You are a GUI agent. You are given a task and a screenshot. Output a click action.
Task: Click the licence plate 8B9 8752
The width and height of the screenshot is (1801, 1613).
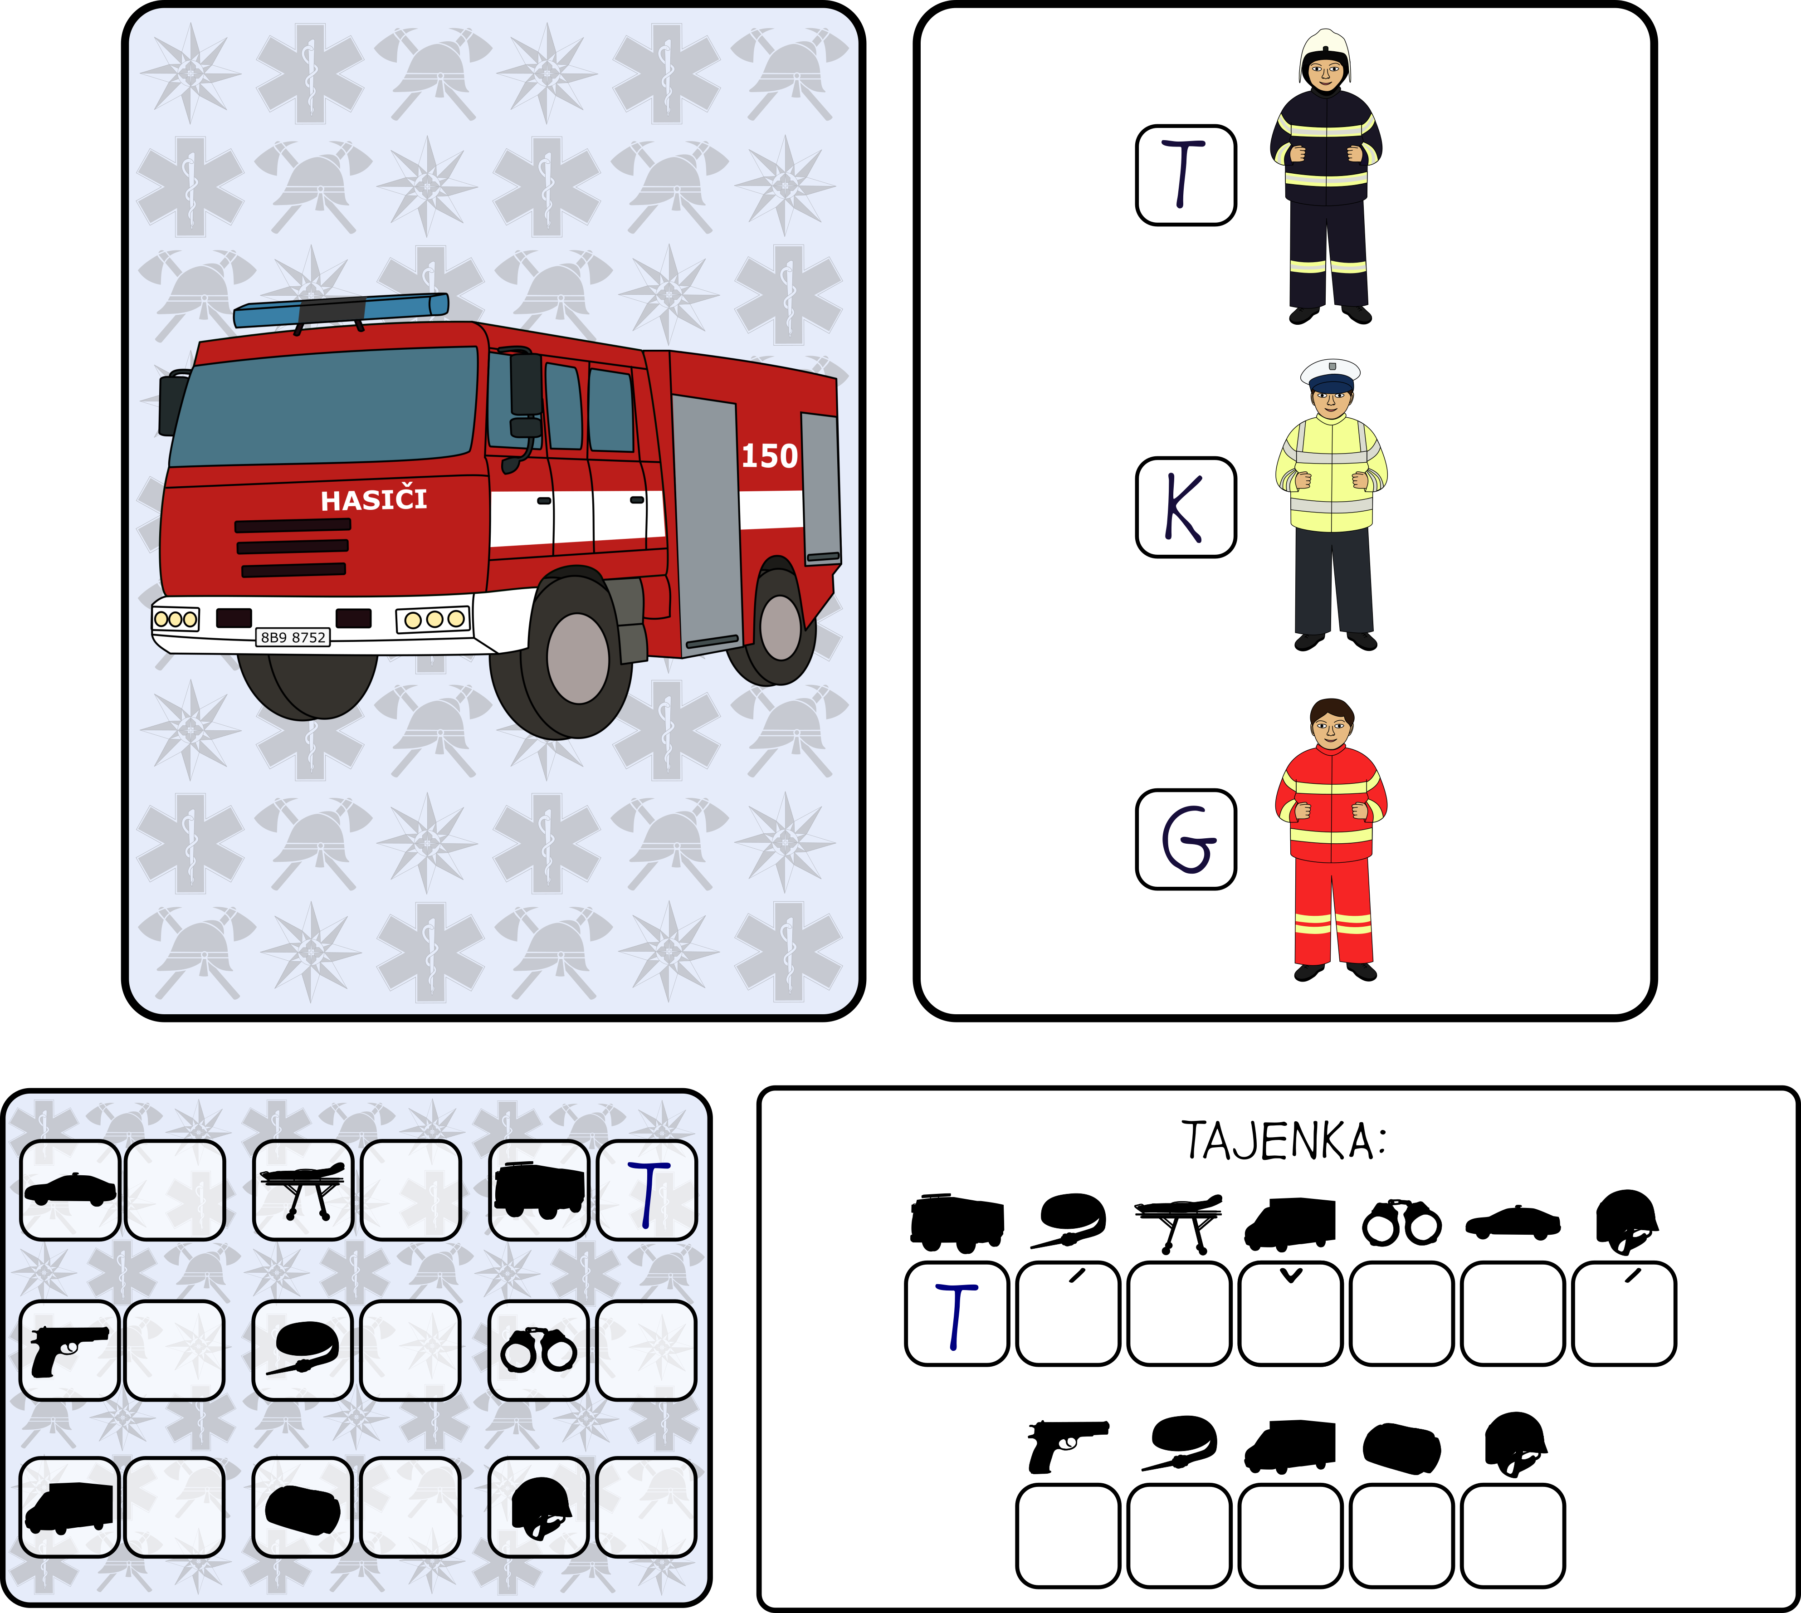293,637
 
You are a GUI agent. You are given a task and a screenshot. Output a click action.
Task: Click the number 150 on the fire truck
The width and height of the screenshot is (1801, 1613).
769,455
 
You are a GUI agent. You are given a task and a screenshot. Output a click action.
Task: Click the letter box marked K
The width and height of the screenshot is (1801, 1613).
1186,507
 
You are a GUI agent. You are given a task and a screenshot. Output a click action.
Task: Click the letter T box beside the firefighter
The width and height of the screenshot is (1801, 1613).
1186,175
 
